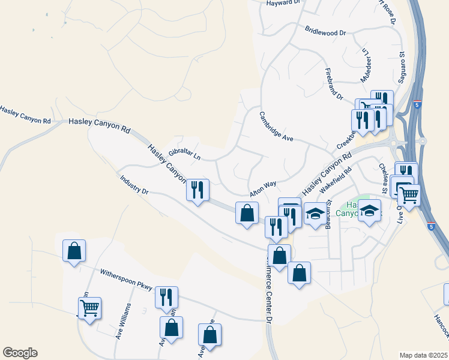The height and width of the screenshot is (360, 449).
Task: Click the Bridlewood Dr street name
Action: pos(326,30)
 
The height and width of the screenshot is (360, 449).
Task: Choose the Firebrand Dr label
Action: pos(334,84)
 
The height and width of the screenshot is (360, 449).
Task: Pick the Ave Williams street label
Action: pos(123,322)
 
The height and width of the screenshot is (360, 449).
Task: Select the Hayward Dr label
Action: pos(283,3)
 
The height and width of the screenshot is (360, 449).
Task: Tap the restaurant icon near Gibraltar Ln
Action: pos(197,190)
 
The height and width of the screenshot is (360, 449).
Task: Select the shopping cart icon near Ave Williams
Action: pos(89,308)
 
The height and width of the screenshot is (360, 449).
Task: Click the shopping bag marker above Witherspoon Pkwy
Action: pos(74,251)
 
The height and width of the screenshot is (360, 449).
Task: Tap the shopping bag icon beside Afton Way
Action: pos(247,213)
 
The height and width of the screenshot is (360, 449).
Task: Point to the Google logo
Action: pos(20,353)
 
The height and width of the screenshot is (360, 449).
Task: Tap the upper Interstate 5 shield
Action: pos(417,105)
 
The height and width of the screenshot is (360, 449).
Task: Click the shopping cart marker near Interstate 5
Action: pos(409,194)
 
